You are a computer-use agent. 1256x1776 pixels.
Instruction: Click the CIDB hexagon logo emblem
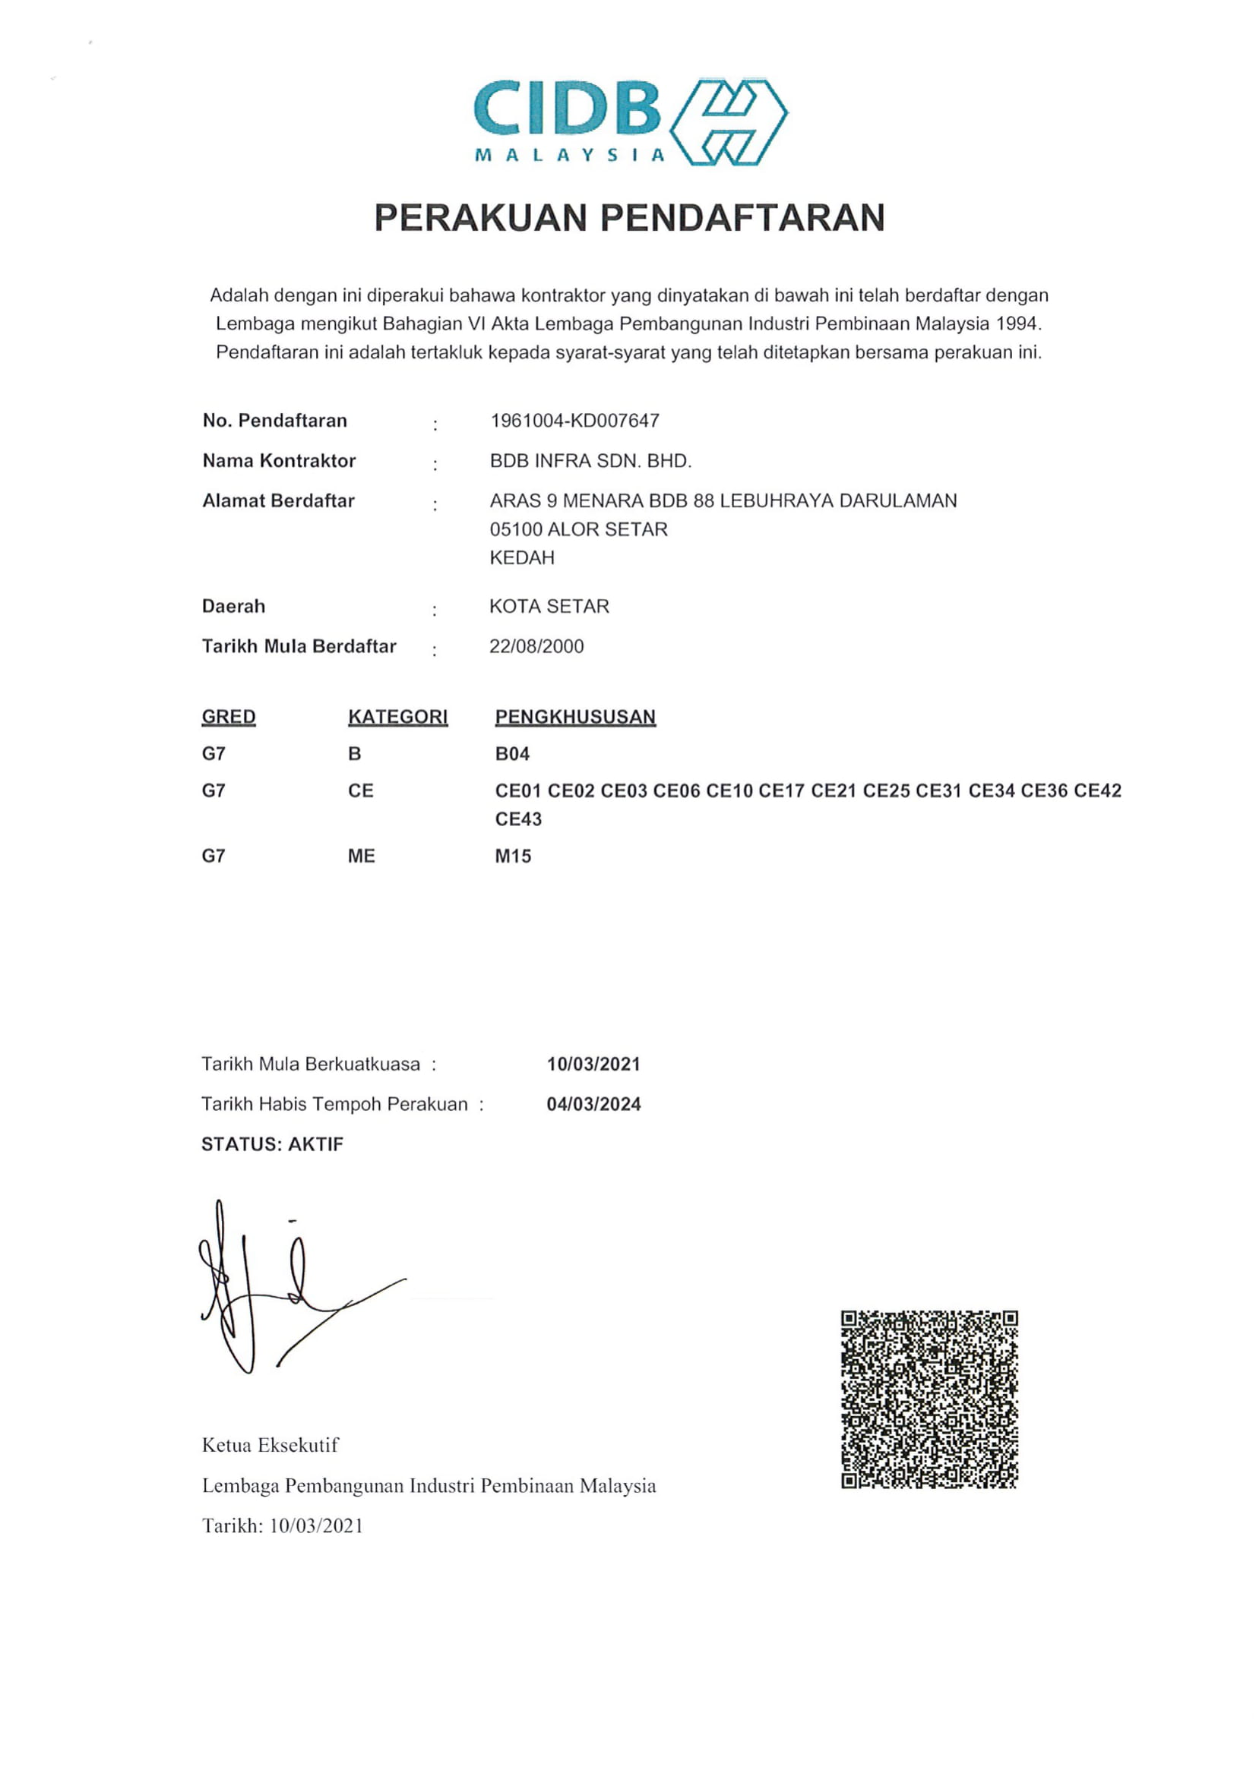point(727,121)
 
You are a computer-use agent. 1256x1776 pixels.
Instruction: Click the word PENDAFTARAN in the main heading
point(742,217)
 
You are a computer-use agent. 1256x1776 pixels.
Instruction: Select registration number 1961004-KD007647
point(574,421)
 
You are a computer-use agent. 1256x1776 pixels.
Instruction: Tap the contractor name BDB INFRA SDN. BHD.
point(590,461)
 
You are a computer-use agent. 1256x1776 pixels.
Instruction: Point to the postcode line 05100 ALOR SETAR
point(578,529)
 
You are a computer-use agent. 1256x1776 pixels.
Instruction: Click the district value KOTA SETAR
point(549,607)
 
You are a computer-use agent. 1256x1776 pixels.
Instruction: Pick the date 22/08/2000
point(536,647)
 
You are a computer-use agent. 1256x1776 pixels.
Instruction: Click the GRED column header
point(228,717)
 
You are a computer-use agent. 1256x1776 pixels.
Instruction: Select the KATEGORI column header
point(398,717)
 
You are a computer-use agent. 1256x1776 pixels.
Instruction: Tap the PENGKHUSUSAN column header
point(575,717)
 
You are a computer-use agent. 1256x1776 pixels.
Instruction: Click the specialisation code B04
point(512,753)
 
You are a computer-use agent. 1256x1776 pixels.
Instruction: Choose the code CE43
point(518,819)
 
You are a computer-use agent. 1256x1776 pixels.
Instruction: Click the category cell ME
point(362,856)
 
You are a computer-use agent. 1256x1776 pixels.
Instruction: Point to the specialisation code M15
point(513,856)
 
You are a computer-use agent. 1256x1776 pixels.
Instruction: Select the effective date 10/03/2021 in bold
point(593,1065)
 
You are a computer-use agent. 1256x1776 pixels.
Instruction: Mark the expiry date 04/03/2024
point(593,1105)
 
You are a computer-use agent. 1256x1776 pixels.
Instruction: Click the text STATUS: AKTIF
point(271,1145)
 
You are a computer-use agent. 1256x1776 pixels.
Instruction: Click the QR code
point(929,1399)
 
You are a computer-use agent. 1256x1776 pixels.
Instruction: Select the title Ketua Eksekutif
point(270,1445)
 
